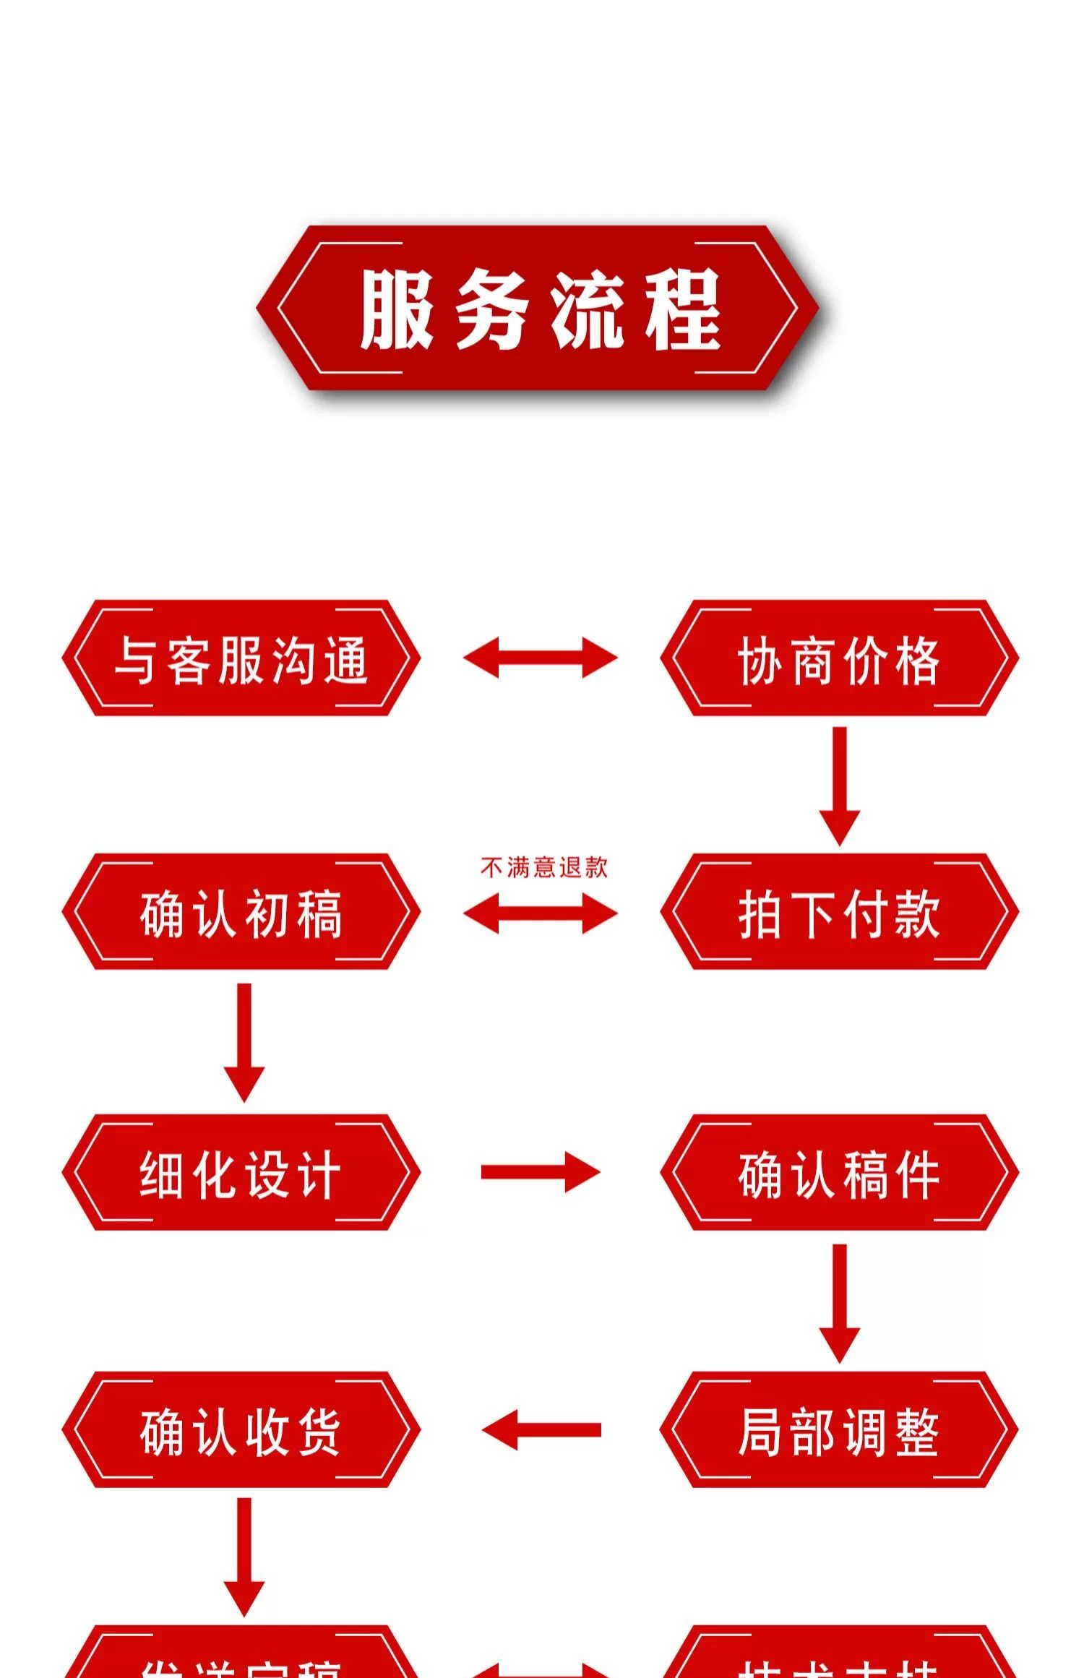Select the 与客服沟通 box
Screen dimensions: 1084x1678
241,658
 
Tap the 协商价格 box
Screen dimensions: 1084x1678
839,658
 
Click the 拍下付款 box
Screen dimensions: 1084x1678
839,912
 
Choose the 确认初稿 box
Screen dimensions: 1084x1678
241,912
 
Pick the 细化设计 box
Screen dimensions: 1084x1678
241,1172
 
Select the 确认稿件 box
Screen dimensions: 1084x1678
839,1172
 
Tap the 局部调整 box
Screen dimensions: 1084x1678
839,1429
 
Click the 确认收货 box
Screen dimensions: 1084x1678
241,1429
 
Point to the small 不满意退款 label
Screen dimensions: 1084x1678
543,867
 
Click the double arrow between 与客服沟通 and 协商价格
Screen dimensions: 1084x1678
541,658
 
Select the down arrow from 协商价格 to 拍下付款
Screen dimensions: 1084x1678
839,786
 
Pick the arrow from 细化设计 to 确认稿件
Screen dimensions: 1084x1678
541,1172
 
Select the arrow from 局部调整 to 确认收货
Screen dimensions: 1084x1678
541,1429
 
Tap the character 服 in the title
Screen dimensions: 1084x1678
397,309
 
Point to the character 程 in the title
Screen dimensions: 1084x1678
682,309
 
